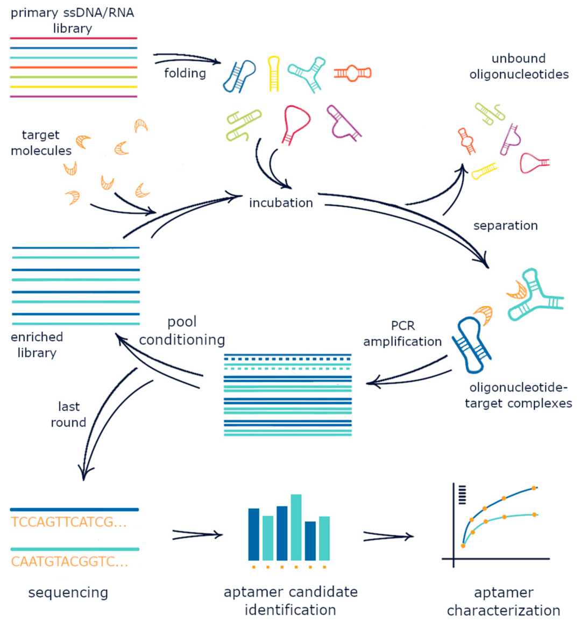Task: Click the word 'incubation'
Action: (280, 203)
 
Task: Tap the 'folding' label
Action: (185, 73)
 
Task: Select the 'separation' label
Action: (505, 225)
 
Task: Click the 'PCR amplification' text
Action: (402, 333)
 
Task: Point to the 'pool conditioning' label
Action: (182, 331)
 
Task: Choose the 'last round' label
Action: (68, 414)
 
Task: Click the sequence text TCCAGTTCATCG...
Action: (69, 521)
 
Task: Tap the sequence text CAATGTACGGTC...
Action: (69, 562)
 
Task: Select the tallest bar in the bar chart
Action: (296, 527)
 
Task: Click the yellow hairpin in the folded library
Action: (274, 73)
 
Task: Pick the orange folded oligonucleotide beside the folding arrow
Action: (352, 73)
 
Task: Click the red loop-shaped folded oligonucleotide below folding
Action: (296, 123)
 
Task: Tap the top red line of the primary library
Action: (74, 38)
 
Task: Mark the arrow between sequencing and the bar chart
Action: (197, 534)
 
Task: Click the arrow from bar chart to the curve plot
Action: (388, 536)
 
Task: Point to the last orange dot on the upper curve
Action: (534, 488)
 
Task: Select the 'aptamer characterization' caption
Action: (504, 601)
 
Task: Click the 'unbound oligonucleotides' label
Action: (519, 66)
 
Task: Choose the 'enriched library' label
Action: (37, 345)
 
